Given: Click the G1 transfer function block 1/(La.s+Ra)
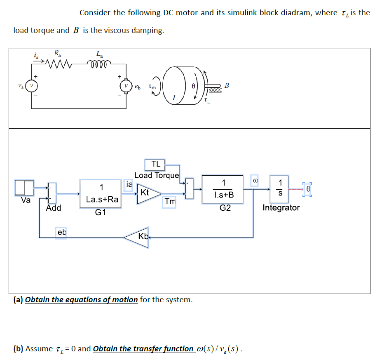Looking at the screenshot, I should coord(101,194).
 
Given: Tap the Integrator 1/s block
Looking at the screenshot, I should coord(280,188).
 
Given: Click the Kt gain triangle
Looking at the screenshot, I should coord(147,193).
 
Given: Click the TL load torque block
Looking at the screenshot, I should coord(155,164).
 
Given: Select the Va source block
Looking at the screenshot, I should coord(23,188).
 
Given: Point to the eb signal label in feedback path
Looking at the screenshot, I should coord(61,233).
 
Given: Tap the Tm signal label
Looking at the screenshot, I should coord(169,202).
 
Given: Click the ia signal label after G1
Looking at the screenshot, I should coord(129,184).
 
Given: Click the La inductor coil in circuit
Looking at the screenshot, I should coord(99,64).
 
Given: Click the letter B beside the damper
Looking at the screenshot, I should coord(226,86).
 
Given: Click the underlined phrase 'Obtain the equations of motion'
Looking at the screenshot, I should coord(82,300).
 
